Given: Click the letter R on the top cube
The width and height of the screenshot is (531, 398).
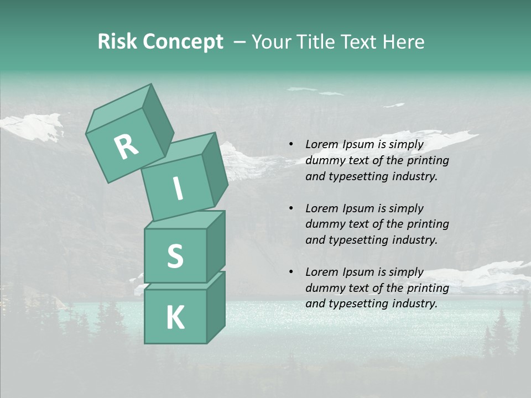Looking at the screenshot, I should click(127, 147).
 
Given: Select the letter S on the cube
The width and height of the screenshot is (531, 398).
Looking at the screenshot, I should click(175, 256).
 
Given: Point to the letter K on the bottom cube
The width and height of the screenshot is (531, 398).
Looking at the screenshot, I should click(175, 318).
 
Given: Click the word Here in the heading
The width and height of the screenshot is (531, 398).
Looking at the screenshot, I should click(404, 42).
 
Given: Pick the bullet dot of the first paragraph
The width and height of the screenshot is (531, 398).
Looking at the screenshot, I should click(291, 144).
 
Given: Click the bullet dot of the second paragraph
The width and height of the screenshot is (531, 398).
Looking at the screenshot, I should click(291, 208).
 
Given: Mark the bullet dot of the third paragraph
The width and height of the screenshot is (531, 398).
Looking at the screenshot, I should click(291, 272).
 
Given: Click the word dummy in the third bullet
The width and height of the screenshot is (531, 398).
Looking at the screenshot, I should click(324, 288).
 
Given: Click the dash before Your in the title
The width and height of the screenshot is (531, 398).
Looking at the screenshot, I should click(240, 43).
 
